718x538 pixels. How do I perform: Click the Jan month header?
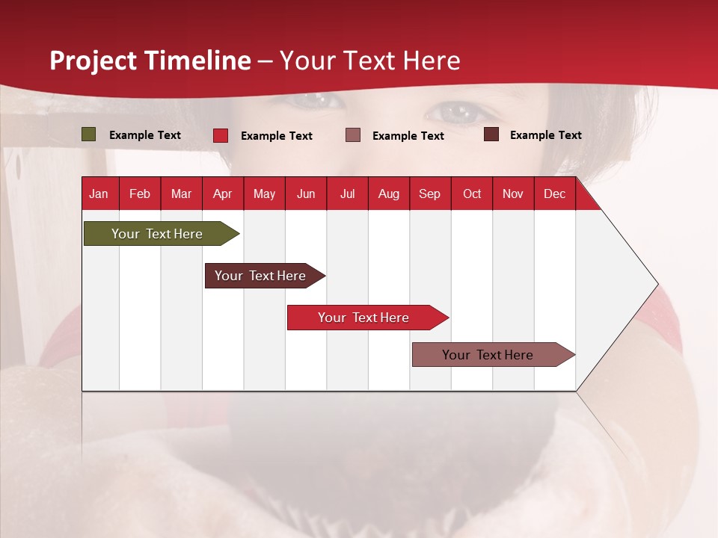99,194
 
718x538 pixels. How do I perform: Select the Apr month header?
223,194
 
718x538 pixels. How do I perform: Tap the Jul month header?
347,194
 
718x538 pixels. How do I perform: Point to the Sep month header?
429,194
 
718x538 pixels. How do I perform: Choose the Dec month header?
554,194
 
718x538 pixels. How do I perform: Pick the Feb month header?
140,194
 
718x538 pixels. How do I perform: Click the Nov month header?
513,194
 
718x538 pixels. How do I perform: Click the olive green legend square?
89,134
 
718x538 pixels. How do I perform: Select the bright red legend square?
221,135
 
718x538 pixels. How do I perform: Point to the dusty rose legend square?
353,135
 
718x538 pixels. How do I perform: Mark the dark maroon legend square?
491,134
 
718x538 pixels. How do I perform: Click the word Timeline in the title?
198,61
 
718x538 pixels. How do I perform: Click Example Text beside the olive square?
145,135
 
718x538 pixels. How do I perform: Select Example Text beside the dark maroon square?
546,135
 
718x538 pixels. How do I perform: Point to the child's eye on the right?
458,112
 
